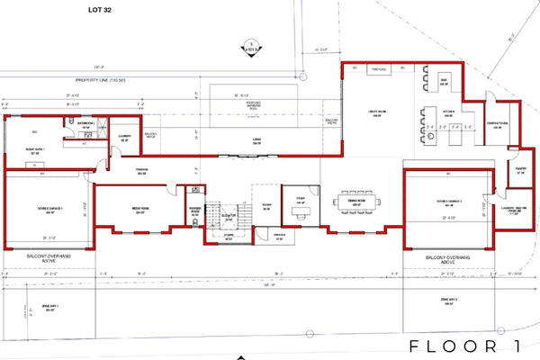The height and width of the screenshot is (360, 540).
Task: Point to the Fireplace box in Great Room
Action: (377, 67)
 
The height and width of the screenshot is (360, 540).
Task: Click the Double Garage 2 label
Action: (447, 203)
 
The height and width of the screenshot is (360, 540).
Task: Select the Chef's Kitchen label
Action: (498, 124)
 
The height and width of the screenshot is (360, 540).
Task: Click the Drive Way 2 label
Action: (450, 300)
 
